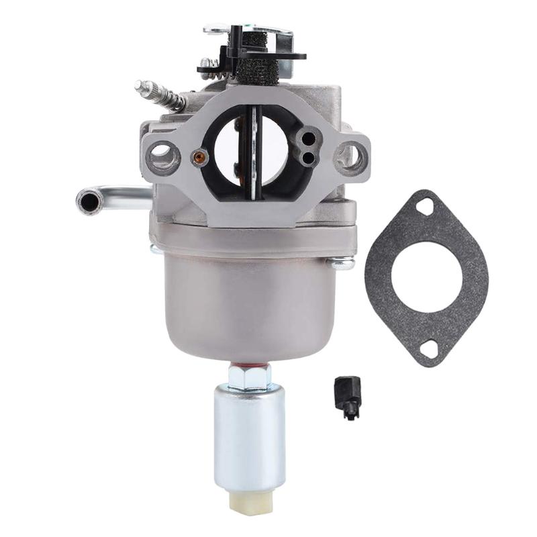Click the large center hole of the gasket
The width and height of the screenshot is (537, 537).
(x=426, y=277)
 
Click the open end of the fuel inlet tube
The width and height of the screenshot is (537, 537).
(x=88, y=199)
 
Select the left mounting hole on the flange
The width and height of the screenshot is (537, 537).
(x=163, y=157)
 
